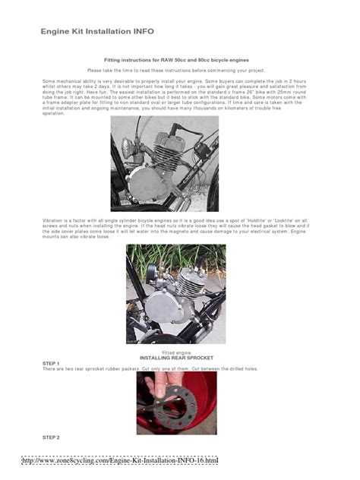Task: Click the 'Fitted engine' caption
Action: click(x=175, y=353)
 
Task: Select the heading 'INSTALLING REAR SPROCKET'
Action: click(x=176, y=358)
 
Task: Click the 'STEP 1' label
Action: click(x=51, y=363)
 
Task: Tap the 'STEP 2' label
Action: click(x=51, y=437)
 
